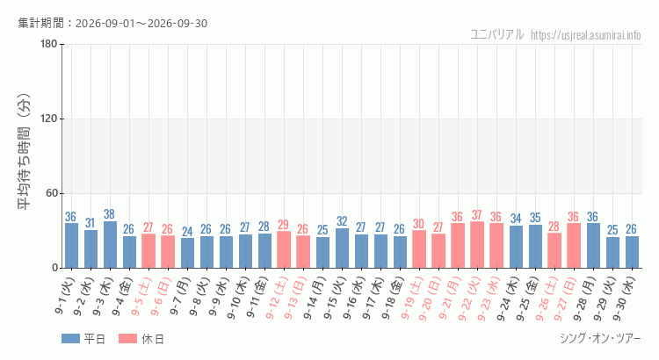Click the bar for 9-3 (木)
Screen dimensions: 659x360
click(110, 244)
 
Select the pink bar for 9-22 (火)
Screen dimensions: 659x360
click(477, 245)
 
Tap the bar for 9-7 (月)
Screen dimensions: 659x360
click(187, 253)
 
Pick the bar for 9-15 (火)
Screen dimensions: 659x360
click(342, 248)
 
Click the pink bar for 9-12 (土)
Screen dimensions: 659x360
click(284, 249)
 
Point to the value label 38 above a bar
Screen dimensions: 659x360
click(109, 214)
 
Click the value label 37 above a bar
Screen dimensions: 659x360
click(476, 215)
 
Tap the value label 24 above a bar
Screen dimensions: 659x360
click(187, 232)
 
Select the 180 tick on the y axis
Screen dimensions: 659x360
click(48, 44)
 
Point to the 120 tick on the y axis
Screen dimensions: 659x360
click(48, 119)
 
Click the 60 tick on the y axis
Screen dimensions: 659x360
click(52, 194)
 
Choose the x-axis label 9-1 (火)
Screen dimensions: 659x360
click(65, 295)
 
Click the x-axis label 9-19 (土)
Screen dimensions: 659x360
click(411, 298)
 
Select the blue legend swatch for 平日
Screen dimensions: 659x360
click(70, 339)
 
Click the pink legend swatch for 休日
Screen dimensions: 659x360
click(127, 339)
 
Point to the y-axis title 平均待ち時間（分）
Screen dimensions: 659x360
click(24, 152)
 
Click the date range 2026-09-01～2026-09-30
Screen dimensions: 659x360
click(141, 24)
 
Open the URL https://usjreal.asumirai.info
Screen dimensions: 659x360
click(586, 35)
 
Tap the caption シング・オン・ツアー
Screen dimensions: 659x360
click(601, 338)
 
